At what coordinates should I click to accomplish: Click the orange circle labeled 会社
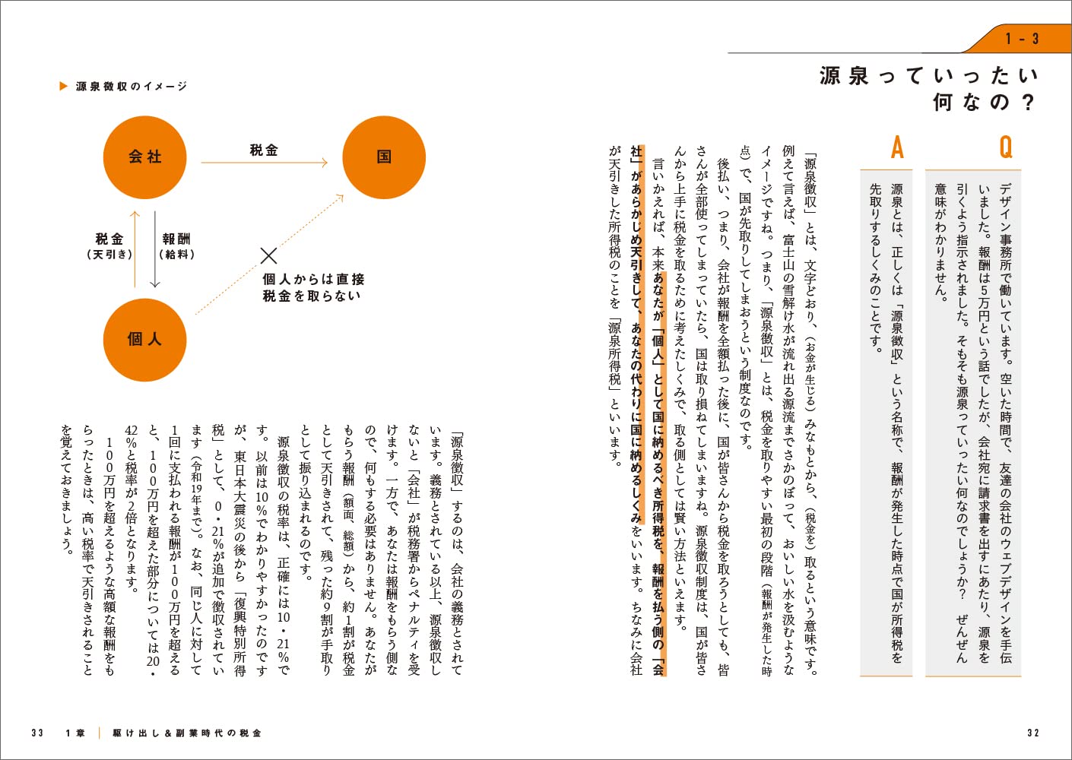(x=144, y=157)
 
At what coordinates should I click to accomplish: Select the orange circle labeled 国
(x=384, y=157)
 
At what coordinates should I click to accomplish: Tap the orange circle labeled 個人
(x=144, y=339)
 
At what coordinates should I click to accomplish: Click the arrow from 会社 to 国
(x=264, y=163)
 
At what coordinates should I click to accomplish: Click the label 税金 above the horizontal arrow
(x=264, y=150)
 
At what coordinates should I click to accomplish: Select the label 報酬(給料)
(x=176, y=246)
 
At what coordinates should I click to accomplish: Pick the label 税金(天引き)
(x=109, y=246)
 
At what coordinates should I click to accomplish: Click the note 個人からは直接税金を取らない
(x=313, y=287)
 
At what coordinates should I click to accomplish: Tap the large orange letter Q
(x=1006, y=147)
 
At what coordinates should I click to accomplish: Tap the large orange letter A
(x=898, y=147)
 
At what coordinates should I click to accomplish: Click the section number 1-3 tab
(x=1021, y=39)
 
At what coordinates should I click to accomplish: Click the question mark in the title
(x=1029, y=103)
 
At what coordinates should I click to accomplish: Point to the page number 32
(x=1032, y=733)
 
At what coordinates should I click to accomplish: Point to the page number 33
(x=37, y=733)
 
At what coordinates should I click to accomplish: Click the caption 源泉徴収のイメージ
(x=132, y=87)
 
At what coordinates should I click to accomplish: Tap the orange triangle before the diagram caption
(x=64, y=86)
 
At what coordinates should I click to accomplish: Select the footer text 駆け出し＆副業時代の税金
(x=187, y=733)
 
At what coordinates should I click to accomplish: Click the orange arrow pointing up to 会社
(x=135, y=249)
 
